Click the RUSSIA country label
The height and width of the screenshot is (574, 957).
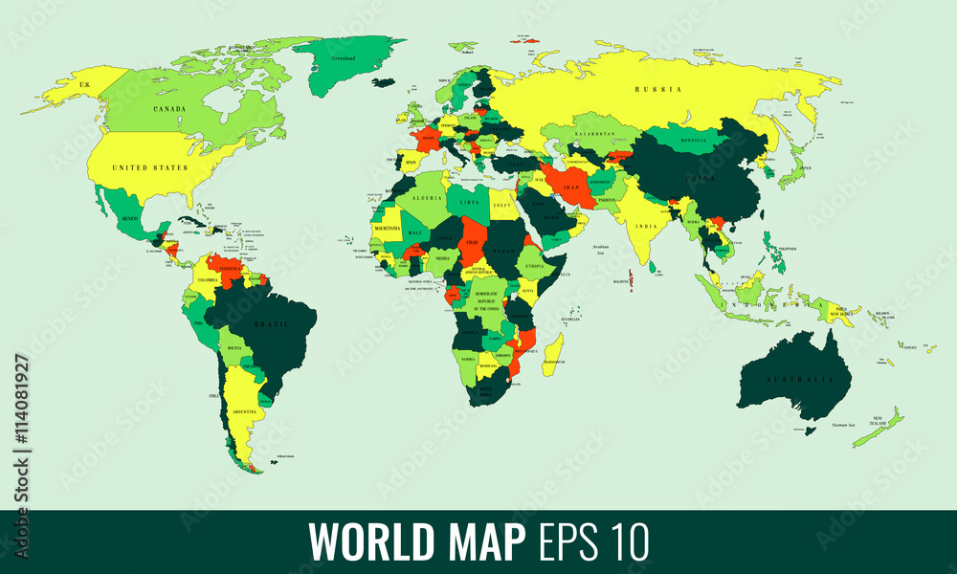(657, 89)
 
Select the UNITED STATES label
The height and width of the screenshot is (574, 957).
(149, 167)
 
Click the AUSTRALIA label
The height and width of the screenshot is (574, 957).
(791, 380)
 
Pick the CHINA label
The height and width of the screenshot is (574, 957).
(699, 178)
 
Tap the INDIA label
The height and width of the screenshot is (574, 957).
(647, 226)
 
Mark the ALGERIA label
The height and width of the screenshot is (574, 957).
(426, 197)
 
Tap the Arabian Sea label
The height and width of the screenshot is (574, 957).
(599, 248)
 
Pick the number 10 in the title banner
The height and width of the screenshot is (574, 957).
(627, 541)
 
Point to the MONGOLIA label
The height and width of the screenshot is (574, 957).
(691, 141)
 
